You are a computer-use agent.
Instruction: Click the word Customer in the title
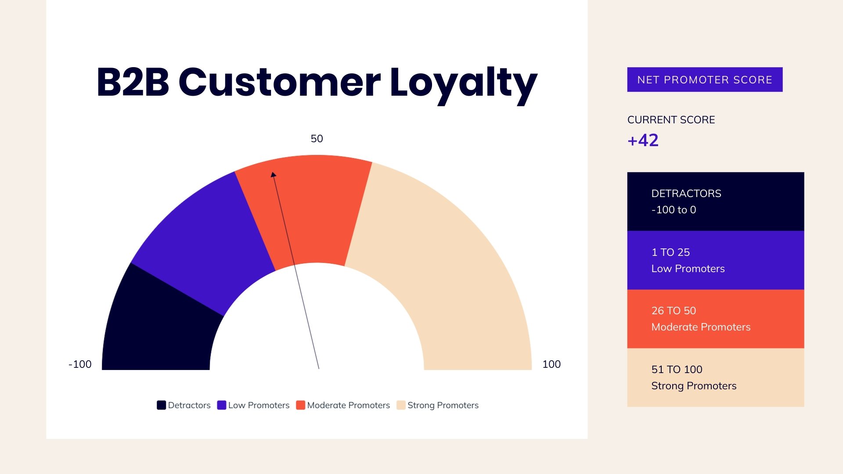[280, 82]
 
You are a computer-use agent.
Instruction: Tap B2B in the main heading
[133, 82]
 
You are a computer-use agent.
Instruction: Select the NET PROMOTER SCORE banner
[705, 79]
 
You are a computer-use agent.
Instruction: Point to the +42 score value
[643, 140]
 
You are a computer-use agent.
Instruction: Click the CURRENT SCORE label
[671, 120]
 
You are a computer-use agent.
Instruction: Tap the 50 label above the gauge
[317, 139]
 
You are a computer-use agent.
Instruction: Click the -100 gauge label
[80, 364]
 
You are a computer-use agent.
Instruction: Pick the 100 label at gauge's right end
[551, 364]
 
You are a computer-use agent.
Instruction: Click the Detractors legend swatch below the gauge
[161, 405]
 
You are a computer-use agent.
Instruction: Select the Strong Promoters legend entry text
[443, 405]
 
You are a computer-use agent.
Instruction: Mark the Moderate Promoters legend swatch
[300, 405]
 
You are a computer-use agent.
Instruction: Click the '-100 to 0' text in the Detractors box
[674, 210]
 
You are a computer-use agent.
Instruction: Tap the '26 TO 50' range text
[674, 311]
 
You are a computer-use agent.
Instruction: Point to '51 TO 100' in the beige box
[677, 370]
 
